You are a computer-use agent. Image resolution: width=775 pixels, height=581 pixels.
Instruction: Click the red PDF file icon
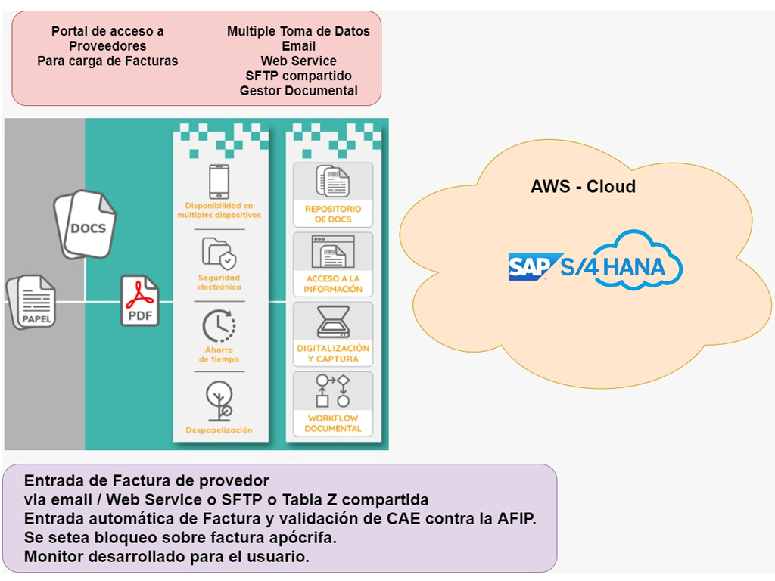(x=140, y=301)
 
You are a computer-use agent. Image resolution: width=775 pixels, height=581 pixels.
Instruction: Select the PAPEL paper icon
(x=33, y=302)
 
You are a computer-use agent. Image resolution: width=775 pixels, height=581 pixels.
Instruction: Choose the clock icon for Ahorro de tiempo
(x=218, y=326)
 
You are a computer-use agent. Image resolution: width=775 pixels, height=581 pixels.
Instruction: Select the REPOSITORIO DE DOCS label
(x=333, y=214)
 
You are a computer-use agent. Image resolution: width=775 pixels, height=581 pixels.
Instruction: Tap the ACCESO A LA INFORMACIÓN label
(x=333, y=284)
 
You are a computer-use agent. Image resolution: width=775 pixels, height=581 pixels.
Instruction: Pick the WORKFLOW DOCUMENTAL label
(x=333, y=424)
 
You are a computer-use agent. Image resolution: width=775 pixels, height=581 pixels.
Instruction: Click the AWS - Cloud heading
(x=583, y=186)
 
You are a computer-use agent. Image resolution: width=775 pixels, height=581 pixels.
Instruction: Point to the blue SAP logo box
(x=532, y=267)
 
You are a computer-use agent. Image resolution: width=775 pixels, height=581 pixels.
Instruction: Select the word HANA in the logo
(x=635, y=266)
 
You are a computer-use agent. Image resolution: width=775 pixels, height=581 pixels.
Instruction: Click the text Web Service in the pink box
(x=298, y=61)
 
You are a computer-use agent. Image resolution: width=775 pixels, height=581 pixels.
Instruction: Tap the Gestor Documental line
(x=298, y=91)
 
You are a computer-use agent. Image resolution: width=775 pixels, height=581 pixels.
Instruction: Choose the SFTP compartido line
(x=298, y=76)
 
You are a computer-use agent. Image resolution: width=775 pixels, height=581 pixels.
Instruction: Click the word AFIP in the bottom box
(x=515, y=519)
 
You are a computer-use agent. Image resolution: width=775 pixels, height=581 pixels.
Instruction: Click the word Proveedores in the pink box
(x=107, y=46)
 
